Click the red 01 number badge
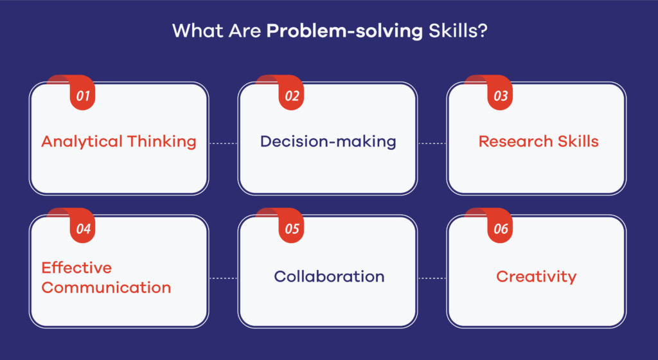click(82, 96)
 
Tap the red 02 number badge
click(291, 96)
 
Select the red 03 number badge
click(500, 96)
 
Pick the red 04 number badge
click(82, 229)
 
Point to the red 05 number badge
click(291, 229)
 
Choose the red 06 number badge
click(500, 229)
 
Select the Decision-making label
click(328, 141)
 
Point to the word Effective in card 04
click(76, 267)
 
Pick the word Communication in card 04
click(106, 287)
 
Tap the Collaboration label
click(329, 276)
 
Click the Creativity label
click(536, 277)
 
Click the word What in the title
click(193, 31)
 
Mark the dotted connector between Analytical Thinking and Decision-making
click(223, 143)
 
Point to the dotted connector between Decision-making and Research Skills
click(432, 143)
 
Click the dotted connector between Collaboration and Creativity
click(432, 278)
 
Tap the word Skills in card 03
click(576, 141)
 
